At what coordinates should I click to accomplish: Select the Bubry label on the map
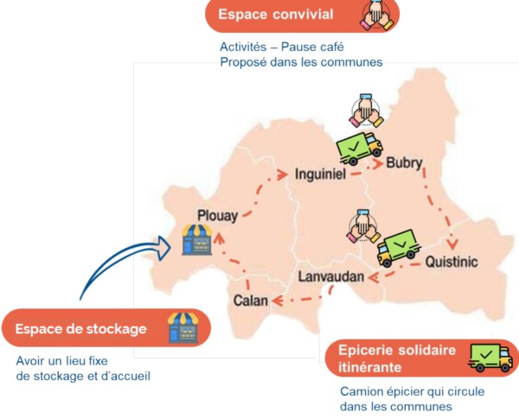(406, 162)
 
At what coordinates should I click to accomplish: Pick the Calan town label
(251, 301)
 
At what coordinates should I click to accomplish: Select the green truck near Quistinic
(399, 245)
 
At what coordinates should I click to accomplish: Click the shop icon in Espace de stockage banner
(183, 328)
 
